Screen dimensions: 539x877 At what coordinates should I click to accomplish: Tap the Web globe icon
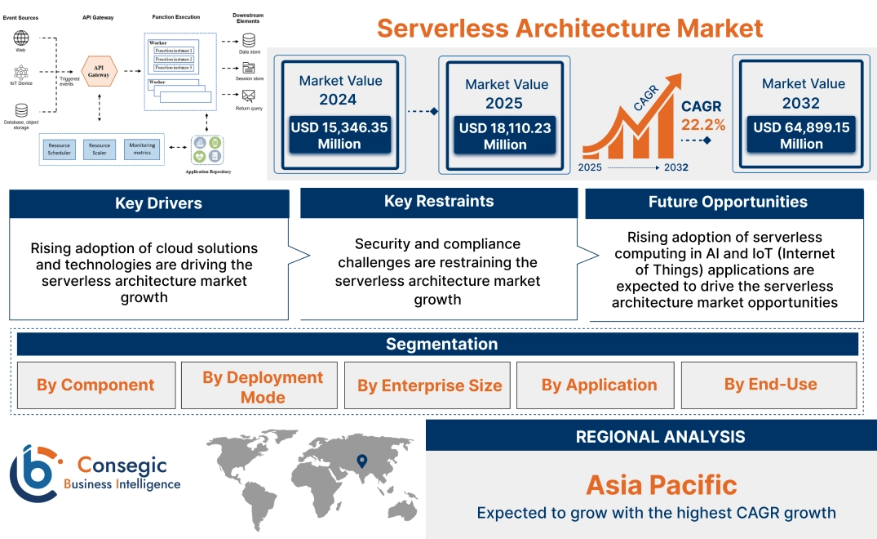pos(21,38)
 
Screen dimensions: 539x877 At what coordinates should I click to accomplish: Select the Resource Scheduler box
pos(59,149)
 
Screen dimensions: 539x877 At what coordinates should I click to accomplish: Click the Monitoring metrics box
pos(142,149)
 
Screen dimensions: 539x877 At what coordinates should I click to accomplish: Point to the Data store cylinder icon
pos(249,39)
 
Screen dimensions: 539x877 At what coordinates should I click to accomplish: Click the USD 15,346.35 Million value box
pos(339,135)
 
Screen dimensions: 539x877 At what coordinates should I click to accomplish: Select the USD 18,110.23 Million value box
pos(506,136)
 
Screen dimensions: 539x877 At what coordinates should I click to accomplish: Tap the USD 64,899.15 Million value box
pos(801,135)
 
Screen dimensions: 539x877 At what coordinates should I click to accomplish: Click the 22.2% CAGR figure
pos(703,124)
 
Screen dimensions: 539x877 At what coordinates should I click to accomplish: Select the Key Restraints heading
pos(439,201)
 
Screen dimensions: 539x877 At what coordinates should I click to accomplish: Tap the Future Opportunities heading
pos(728,202)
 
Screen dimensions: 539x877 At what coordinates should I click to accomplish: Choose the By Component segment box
pos(95,385)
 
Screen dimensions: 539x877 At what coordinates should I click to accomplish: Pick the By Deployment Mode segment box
pos(263,387)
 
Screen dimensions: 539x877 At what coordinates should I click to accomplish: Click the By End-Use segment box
pos(770,384)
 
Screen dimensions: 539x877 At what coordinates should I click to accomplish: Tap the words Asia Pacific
pos(661,485)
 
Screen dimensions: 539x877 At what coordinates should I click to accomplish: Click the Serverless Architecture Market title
pos(569,29)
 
